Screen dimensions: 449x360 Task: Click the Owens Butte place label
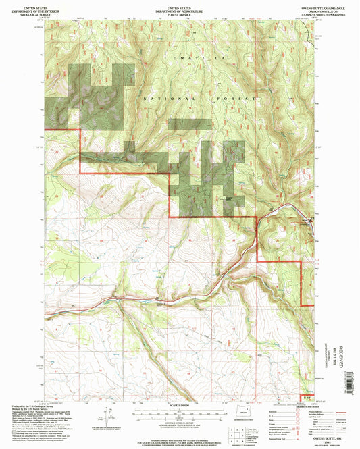(x=228, y=197)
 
